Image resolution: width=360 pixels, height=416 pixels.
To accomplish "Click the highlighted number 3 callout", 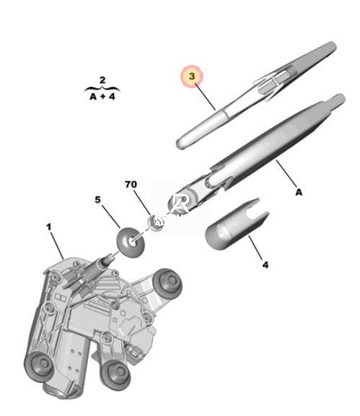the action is click(x=192, y=77).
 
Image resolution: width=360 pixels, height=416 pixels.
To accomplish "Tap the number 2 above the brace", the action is click(x=102, y=80).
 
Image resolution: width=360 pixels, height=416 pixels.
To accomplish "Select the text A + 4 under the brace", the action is click(x=102, y=97).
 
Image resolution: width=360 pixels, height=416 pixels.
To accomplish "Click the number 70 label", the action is click(x=131, y=184).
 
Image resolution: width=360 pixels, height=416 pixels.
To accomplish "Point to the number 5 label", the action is click(x=98, y=199).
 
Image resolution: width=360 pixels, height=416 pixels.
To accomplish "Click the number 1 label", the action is click(x=48, y=227).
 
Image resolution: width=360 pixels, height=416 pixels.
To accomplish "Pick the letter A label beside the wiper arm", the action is click(x=299, y=192).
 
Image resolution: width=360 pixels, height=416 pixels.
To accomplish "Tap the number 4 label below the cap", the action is click(x=265, y=264).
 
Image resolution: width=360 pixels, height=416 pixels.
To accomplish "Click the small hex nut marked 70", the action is click(x=153, y=222).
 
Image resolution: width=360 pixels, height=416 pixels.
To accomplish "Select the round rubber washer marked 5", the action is click(x=131, y=242).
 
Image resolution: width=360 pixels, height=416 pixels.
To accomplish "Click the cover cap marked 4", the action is click(x=237, y=225).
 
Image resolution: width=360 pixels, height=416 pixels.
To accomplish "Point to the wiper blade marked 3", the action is click(x=255, y=95).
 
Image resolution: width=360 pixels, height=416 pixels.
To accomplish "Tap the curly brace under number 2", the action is click(x=102, y=89).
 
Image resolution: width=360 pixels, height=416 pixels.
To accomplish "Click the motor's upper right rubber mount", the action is click(x=167, y=284).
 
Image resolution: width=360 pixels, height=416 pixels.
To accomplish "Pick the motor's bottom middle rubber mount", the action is click(x=116, y=374).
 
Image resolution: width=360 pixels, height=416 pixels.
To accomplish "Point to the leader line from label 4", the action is click(x=255, y=248).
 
